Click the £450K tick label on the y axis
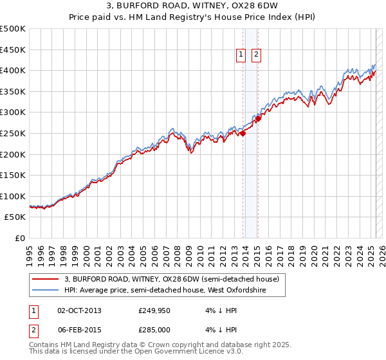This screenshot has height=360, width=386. (x=13, y=50)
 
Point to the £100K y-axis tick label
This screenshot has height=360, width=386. (x=13, y=196)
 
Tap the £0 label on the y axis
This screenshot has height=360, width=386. (x=20, y=238)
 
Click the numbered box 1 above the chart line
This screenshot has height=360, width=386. (x=241, y=55)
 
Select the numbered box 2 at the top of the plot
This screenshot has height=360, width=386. (x=256, y=55)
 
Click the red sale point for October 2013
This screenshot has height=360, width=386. (x=243, y=133)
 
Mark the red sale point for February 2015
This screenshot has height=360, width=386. (x=258, y=118)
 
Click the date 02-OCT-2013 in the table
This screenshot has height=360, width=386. (x=80, y=310)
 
